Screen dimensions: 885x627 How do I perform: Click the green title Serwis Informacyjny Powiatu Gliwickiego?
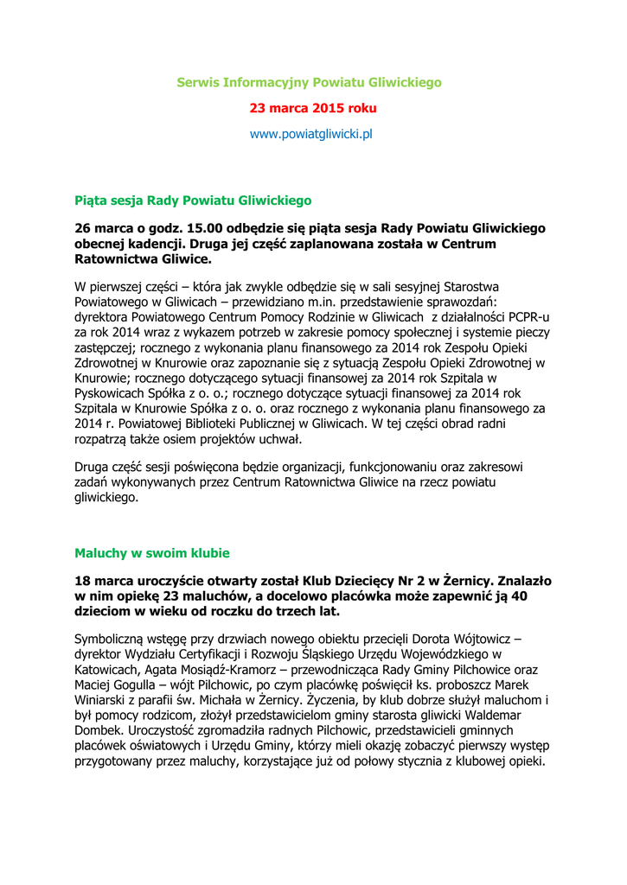(309, 82)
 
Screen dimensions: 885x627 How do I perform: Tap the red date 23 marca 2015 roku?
(313, 109)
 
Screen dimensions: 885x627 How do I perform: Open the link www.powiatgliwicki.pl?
(310, 135)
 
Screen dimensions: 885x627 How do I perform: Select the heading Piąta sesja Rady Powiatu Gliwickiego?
(193, 201)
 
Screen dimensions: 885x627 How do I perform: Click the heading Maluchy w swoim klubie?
(152, 552)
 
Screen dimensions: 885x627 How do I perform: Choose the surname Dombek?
(100, 731)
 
